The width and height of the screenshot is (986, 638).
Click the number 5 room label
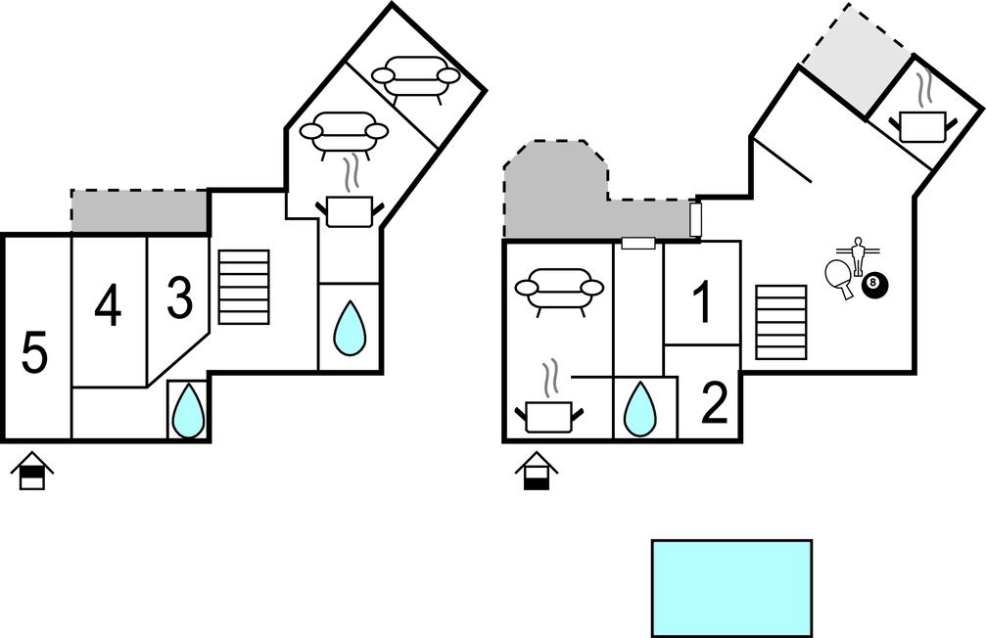pyautogui.click(x=34, y=353)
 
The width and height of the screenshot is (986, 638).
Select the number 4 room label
pyautogui.click(x=108, y=307)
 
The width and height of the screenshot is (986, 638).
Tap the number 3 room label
pyautogui.click(x=179, y=299)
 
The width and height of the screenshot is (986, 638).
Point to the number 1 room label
pyautogui.click(x=702, y=303)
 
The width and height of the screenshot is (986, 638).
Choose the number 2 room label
pyautogui.click(x=715, y=404)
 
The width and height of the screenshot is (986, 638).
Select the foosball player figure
pyautogui.click(x=858, y=254)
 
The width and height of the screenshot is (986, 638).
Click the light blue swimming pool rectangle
pyautogui.click(x=731, y=587)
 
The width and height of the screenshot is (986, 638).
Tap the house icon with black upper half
pyautogui.click(x=32, y=472)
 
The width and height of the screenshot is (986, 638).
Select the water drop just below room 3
pyautogui.click(x=188, y=410)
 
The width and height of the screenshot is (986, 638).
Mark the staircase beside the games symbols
pyautogui.click(x=781, y=322)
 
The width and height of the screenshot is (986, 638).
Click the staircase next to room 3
pyautogui.click(x=243, y=287)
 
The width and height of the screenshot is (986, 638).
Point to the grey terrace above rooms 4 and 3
pyautogui.click(x=139, y=212)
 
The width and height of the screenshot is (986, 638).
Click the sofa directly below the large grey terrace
pyautogui.click(x=559, y=291)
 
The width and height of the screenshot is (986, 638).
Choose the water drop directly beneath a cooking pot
pyautogui.click(x=350, y=327)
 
